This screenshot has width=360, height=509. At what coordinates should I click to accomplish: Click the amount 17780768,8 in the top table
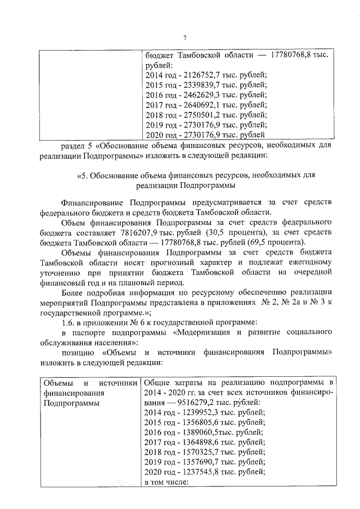[x=292, y=56]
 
